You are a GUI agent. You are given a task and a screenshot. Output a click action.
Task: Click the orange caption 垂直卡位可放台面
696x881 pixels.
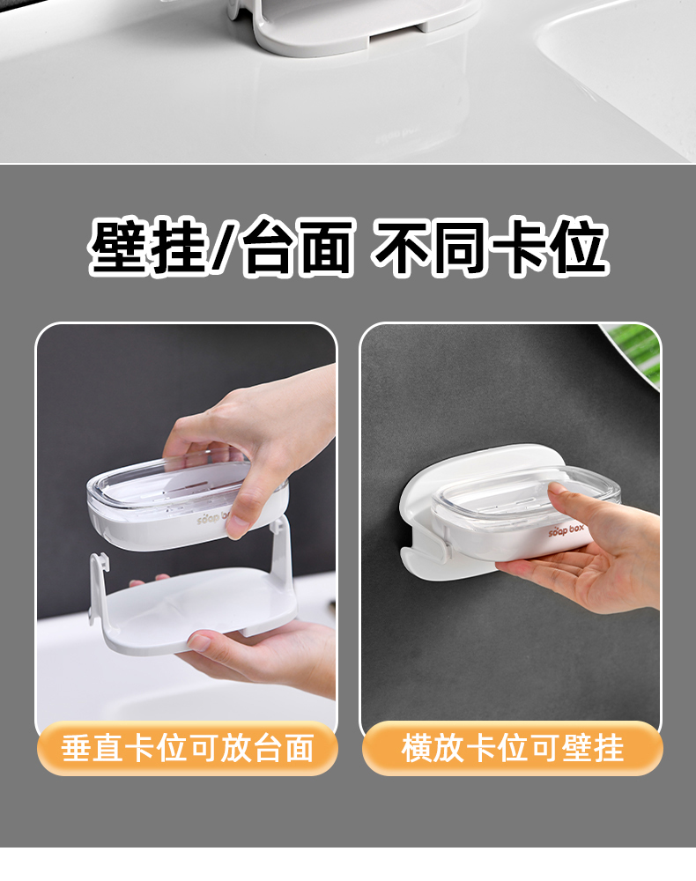pyautogui.click(x=187, y=748)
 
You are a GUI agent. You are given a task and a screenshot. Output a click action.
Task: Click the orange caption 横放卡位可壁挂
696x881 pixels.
pyautogui.click(x=513, y=748)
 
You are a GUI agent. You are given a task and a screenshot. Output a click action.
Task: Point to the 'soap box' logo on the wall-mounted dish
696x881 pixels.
pyautogui.click(x=566, y=529)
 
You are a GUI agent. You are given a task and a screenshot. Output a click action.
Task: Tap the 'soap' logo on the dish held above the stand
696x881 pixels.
pyautogui.click(x=212, y=517)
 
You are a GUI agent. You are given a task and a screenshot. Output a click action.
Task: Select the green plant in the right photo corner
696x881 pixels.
pyautogui.click(x=634, y=352)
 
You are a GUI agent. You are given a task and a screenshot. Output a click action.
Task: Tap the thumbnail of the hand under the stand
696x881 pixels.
pyautogui.click(x=199, y=640)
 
